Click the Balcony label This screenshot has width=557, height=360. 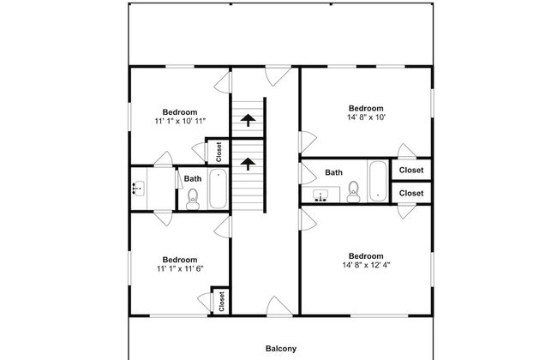click(x=281, y=349)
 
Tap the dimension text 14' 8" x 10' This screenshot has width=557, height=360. click(x=366, y=117)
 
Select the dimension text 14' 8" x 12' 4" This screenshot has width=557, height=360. click(x=366, y=265)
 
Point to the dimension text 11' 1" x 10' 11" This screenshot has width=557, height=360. click(x=180, y=121)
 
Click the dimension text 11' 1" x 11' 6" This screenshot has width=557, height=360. click(x=180, y=269)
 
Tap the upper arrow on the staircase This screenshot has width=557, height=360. click(x=248, y=120)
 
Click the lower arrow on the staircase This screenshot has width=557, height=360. click(x=248, y=164)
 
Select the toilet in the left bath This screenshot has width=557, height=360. click(x=193, y=199)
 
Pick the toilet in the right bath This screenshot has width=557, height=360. click(x=353, y=192)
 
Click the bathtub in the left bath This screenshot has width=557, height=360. click(x=218, y=189)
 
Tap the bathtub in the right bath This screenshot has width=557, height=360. click(x=378, y=181)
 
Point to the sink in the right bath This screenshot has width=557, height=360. click(x=321, y=195)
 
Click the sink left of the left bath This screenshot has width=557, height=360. click(x=138, y=189)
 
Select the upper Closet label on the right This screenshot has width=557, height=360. click(x=411, y=171)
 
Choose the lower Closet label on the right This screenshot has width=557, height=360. click(x=411, y=194)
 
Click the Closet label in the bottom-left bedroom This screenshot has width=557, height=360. click(x=221, y=302)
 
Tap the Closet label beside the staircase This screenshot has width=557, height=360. click(x=219, y=152)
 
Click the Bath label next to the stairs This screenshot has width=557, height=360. click(x=193, y=179)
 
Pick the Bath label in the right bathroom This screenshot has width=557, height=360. click(x=334, y=173)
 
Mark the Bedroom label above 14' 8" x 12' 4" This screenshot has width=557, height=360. click(x=366, y=256)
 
